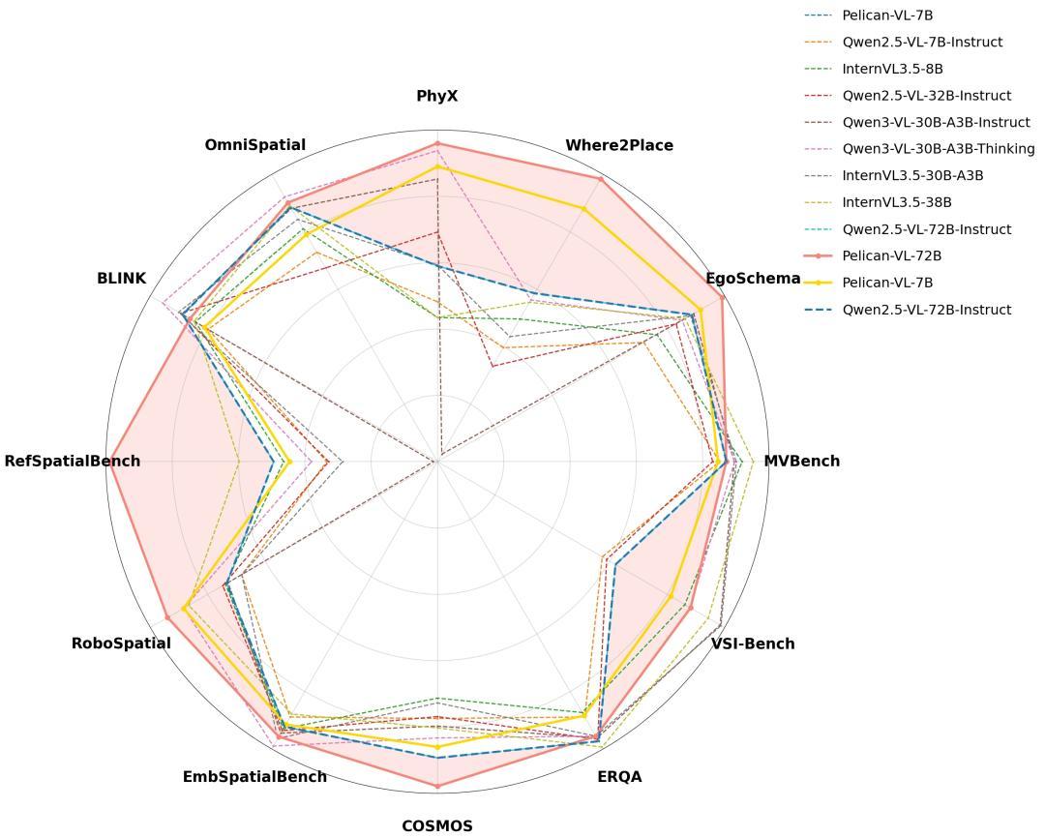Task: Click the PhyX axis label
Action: click(x=437, y=96)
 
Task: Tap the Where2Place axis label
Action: click(x=619, y=145)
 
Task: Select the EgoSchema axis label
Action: click(x=753, y=279)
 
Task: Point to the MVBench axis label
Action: click(x=801, y=461)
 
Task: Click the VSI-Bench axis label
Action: click(x=753, y=643)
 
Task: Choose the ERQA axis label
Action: click(x=619, y=776)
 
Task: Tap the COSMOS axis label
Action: click(x=437, y=825)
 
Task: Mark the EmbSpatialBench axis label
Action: click(x=254, y=776)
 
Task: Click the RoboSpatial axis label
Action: click(x=121, y=643)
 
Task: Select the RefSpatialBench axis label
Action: click(x=73, y=461)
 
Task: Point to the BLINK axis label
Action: click(x=121, y=279)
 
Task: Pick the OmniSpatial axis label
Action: click(x=254, y=145)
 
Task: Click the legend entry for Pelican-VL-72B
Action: click(x=891, y=256)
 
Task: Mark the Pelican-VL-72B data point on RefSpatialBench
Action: click(x=108, y=461)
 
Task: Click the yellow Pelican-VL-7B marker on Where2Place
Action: click(x=583, y=209)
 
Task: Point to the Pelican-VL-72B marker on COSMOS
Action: click(x=437, y=786)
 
